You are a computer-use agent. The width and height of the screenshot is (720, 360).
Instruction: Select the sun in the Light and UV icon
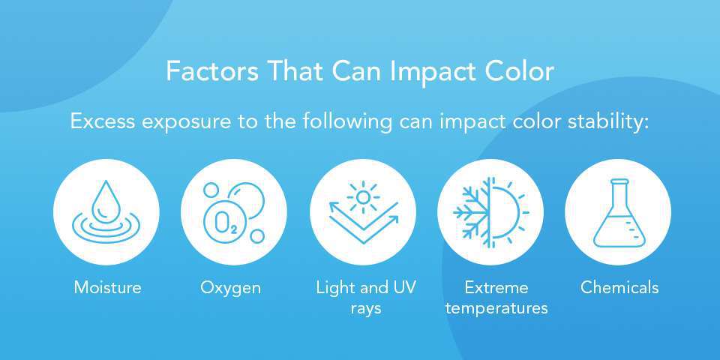point(363,197)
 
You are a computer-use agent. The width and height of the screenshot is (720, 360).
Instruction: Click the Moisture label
point(107,287)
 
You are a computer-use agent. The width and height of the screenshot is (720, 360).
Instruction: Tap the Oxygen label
point(231,287)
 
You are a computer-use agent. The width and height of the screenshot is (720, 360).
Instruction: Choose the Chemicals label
point(619,287)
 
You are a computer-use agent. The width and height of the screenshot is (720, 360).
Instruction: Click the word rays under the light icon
point(366,308)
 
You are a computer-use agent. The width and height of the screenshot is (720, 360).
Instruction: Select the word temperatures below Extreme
point(496,308)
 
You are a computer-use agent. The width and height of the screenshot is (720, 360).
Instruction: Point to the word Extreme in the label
point(496,287)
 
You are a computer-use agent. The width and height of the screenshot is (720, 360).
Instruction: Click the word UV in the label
point(402,287)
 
